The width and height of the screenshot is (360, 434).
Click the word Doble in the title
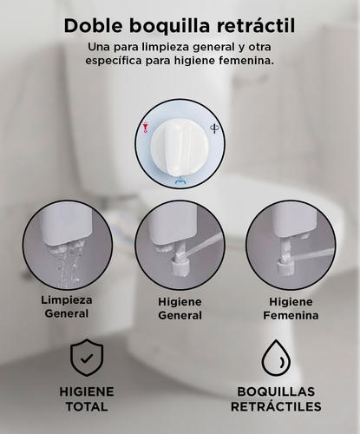[93, 26]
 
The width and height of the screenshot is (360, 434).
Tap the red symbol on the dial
[146, 128]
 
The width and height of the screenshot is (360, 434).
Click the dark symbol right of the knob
[215, 128]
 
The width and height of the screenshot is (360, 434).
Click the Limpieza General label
[67, 306]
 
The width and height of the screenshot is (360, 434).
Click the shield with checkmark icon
[87, 358]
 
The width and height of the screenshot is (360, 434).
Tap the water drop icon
[277, 358]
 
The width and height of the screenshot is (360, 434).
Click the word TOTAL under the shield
[87, 406]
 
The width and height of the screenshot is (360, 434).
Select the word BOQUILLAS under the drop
[277, 391]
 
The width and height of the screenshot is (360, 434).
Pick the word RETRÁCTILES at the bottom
[277, 406]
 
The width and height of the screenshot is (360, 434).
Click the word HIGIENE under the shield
[87, 391]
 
